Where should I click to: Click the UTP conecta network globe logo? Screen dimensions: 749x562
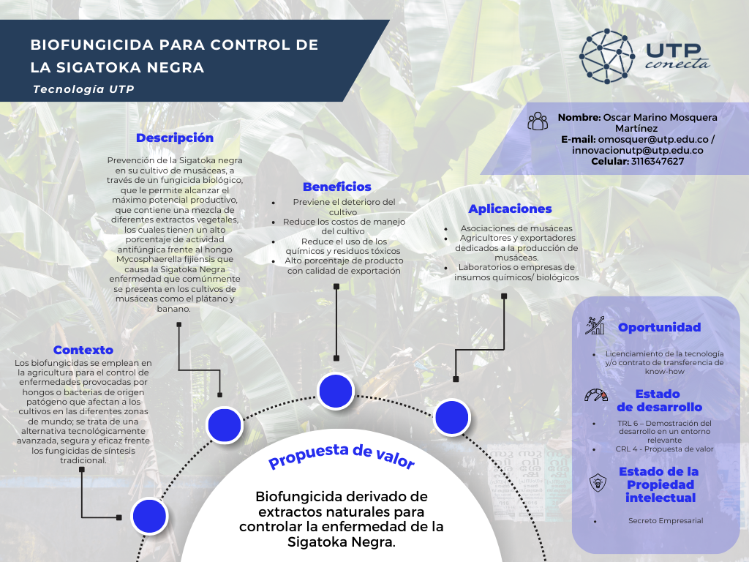[607, 56]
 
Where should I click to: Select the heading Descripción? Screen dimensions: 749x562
[175, 138]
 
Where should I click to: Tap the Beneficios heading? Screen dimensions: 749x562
[336, 187]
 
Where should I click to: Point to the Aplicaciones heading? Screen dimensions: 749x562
[510, 209]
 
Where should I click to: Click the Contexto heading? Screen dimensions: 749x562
[83, 350]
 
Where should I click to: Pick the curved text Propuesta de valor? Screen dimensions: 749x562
[342, 456]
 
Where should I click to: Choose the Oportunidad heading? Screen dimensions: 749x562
[660, 327]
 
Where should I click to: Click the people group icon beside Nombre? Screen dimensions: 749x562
[538, 121]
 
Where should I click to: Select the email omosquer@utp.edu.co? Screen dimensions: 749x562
[653, 140]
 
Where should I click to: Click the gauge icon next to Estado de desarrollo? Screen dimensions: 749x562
[596, 395]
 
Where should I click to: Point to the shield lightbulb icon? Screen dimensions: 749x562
[598, 483]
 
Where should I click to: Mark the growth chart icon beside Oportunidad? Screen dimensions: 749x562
[595, 326]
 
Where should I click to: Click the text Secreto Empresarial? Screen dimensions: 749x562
[666, 521]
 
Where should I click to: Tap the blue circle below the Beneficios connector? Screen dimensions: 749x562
[336, 391]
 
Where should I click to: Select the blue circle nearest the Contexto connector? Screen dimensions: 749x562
[149, 516]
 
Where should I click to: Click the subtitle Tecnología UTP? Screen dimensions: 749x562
[83, 89]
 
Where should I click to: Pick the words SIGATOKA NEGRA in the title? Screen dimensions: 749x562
[130, 67]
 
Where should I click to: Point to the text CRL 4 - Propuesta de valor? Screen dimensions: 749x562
[664, 449]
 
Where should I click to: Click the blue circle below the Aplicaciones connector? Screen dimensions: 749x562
[452, 417]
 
